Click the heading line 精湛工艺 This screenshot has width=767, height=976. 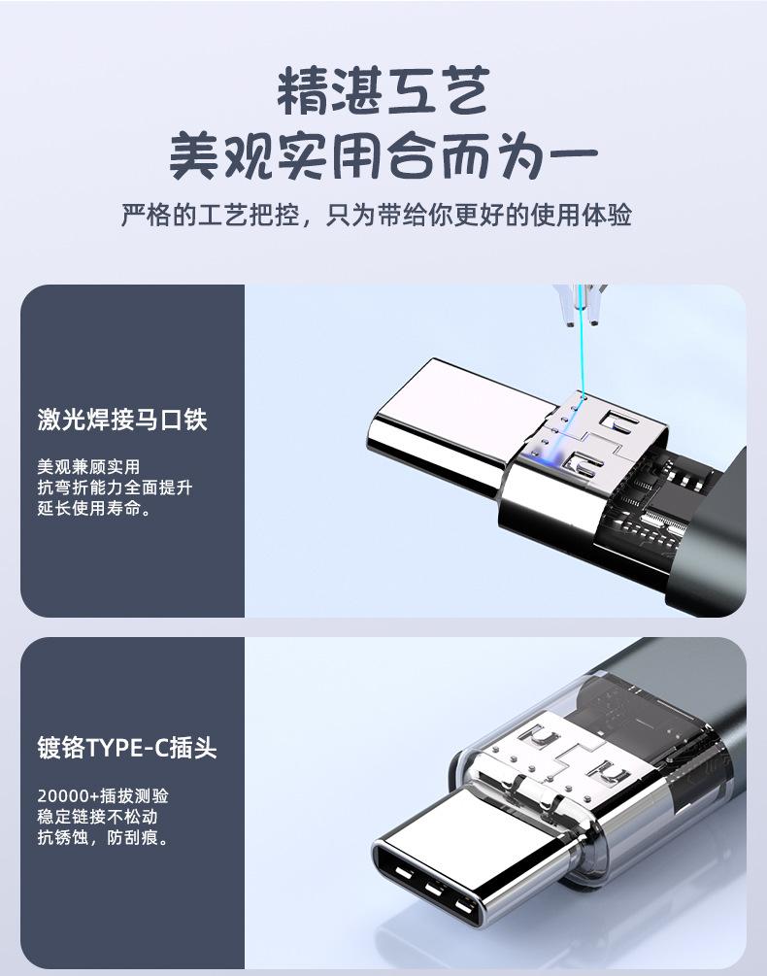[383, 91]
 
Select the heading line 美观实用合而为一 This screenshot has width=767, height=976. [383, 155]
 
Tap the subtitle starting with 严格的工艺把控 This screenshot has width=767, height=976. [377, 215]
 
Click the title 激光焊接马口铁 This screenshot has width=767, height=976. [122, 420]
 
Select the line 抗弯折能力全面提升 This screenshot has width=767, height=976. [115, 488]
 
